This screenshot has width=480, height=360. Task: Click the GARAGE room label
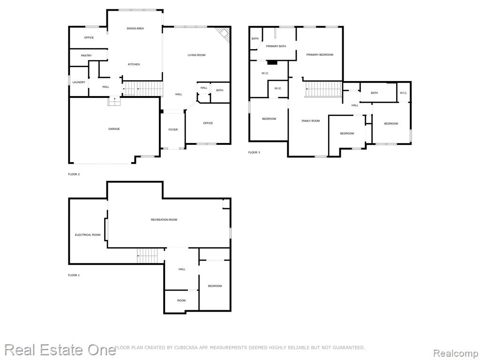point(114,129)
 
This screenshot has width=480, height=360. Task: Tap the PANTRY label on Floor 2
point(86,56)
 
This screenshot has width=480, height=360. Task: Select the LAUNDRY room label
point(79,82)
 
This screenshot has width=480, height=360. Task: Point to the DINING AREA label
point(135,29)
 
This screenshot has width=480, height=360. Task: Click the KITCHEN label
point(134,64)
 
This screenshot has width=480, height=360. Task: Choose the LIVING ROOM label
point(196,55)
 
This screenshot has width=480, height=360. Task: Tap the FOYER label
point(173,130)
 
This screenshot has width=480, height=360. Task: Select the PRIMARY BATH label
point(276,46)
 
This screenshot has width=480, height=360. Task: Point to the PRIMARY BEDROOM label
point(320,55)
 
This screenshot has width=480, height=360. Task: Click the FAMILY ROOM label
point(311,121)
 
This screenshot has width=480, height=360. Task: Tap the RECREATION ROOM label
point(164,220)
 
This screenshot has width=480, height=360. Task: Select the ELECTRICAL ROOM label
point(88,235)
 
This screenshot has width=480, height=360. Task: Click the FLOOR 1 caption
point(74,275)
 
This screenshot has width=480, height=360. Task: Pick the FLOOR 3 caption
point(254,152)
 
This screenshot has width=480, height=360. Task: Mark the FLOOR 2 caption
point(74,174)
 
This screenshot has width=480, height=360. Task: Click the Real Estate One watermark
point(60,350)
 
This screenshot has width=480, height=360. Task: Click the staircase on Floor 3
point(323,89)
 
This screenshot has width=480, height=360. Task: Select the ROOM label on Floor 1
point(181,300)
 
